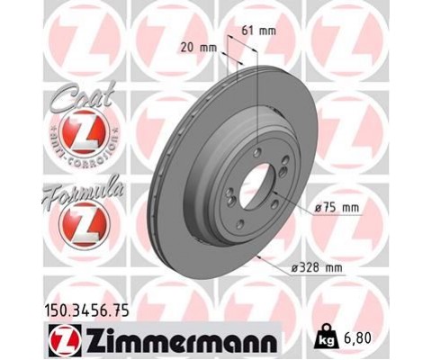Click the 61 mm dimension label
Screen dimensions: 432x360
(258, 31)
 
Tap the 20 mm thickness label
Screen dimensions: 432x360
(198, 48)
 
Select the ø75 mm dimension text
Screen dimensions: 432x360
(337, 208)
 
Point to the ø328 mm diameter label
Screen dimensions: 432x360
(317, 267)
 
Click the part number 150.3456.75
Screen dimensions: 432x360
(87, 310)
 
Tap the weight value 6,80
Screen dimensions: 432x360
(357, 338)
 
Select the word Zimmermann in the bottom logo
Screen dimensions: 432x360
(182, 341)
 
